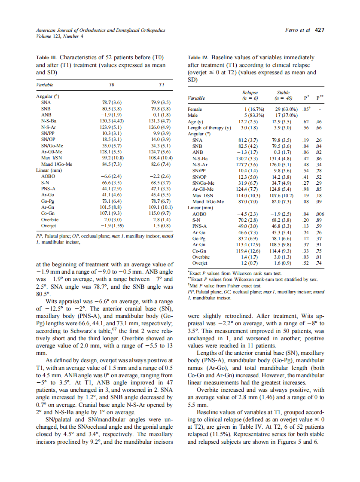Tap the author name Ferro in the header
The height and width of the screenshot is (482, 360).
[292, 31]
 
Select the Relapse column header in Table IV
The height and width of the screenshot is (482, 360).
[250, 92]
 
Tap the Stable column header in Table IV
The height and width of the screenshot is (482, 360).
[284, 92]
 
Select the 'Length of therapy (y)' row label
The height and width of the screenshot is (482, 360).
[210, 128]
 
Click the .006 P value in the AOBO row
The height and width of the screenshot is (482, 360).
[319, 214]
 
